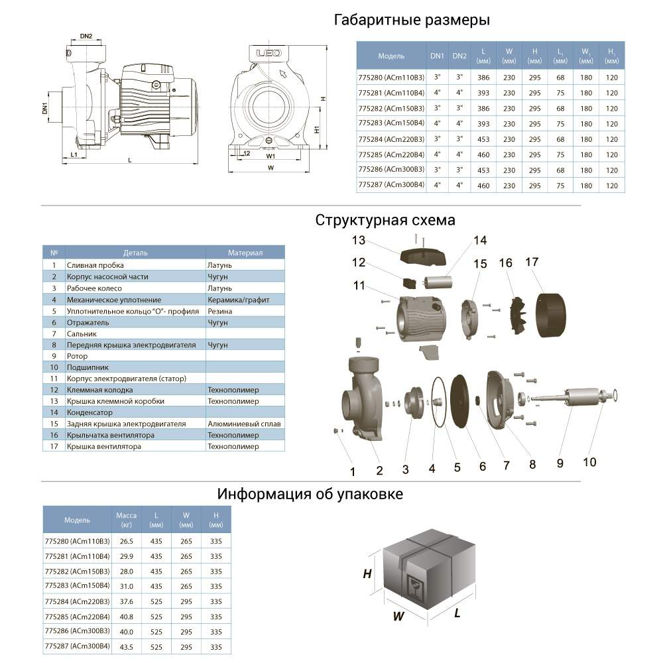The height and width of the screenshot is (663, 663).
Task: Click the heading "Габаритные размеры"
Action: (x=412, y=20)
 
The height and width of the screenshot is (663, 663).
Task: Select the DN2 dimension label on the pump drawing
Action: (x=86, y=36)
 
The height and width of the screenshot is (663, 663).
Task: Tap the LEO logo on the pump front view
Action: (x=265, y=53)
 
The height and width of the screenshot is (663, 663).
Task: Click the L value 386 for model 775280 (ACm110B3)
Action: (x=483, y=78)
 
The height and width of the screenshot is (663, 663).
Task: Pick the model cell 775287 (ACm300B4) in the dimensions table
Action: (x=391, y=186)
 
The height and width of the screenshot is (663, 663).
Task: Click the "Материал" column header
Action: (x=245, y=253)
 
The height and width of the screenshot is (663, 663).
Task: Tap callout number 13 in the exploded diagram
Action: (x=359, y=239)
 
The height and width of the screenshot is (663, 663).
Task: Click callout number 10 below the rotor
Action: (x=589, y=461)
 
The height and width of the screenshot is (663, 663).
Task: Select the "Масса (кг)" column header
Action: (x=126, y=520)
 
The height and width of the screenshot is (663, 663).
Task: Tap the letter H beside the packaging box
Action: (x=367, y=574)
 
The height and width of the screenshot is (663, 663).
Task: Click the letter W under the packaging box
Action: (x=398, y=616)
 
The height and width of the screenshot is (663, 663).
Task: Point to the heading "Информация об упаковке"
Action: (x=310, y=495)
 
